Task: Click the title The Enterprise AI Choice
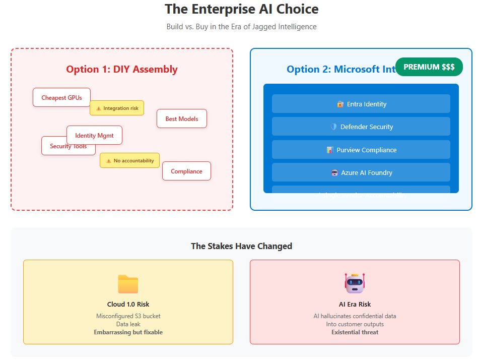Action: click(x=241, y=9)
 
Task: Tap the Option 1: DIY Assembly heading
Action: click(x=122, y=69)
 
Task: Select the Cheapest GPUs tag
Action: click(x=61, y=97)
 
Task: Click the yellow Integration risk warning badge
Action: click(x=117, y=108)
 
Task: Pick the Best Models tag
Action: click(x=181, y=118)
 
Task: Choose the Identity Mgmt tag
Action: click(x=94, y=135)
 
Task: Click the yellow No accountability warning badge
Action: click(x=129, y=160)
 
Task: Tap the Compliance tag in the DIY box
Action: click(x=186, y=171)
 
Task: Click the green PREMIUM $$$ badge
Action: click(x=429, y=67)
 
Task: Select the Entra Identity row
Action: click(x=361, y=104)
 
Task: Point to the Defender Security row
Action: click(x=361, y=127)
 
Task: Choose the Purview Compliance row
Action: click(x=361, y=150)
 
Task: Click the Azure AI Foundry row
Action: click(x=361, y=172)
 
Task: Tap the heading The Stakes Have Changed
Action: click(x=241, y=246)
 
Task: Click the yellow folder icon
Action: click(x=128, y=284)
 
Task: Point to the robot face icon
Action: click(x=355, y=283)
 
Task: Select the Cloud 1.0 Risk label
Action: click(x=128, y=304)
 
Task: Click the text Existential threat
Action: click(x=355, y=332)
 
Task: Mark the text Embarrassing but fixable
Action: click(x=128, y=332)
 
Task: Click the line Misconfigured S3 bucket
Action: click(x=128, y=316)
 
